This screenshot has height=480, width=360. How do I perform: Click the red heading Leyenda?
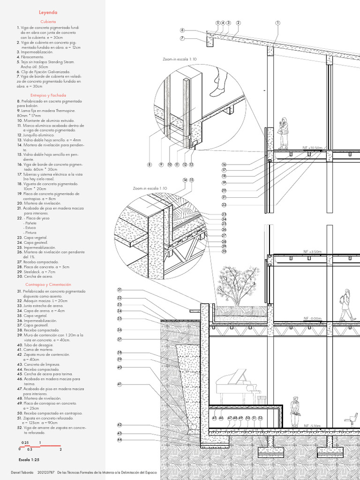[48, 13]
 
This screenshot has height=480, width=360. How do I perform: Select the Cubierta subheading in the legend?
[48, 22]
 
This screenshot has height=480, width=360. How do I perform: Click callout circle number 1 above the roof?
[277, 22]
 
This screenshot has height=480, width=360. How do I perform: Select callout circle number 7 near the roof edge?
[182, 38]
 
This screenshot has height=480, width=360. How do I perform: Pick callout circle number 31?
[120, 290]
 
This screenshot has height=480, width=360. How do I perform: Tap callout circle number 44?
[120, 440]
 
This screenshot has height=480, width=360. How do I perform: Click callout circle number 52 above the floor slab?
[260, 418]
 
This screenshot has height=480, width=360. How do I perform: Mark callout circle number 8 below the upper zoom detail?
[150, 165]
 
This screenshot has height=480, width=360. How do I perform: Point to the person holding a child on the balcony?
[283, 133]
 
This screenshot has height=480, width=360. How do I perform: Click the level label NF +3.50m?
[312, 252]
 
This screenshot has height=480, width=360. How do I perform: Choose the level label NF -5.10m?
[313, 426]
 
